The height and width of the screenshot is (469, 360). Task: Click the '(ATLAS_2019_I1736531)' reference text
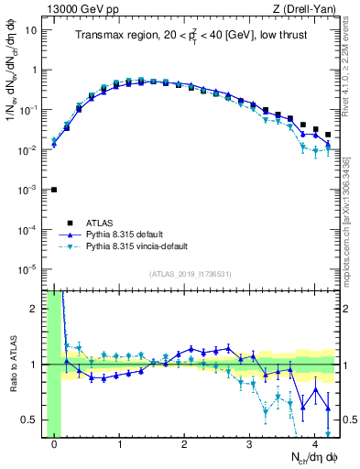190,274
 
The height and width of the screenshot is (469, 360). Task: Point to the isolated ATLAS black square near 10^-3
54,190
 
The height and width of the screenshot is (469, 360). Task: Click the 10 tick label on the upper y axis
30,29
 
